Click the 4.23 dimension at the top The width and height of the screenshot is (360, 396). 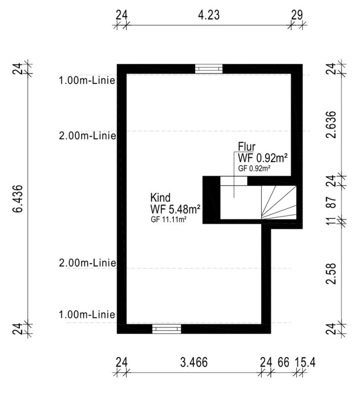(x=209, y=15)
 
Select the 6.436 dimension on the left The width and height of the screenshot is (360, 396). (x=18, y=199)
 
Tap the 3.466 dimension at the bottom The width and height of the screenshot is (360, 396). (x=194, y=363)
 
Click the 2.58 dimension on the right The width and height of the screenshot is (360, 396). (x=331, y=274)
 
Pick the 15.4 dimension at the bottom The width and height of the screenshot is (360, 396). (x=305, y=363)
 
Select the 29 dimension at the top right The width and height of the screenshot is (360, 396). (x=297, y=15)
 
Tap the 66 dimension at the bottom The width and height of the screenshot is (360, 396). (x=283, y=363)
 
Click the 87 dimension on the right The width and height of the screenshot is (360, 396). (x=331, y=202)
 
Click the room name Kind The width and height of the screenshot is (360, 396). (x=161, y=197)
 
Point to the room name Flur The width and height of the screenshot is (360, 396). (x=246, y=147)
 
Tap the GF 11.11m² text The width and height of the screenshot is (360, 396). (x=169, y=220)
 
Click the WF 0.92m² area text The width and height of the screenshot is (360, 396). (x=263, y=158)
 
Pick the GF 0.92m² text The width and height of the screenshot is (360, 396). (x=255, y=169)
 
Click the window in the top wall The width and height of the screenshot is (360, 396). (x=209, y=69)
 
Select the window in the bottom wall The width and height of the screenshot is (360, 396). (x=166, y=329)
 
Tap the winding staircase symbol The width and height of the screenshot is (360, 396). (x=279, y=202)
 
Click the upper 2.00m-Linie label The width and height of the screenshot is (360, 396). (x=88, y=136)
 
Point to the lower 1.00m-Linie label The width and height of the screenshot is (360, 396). (x=87, y=315)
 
